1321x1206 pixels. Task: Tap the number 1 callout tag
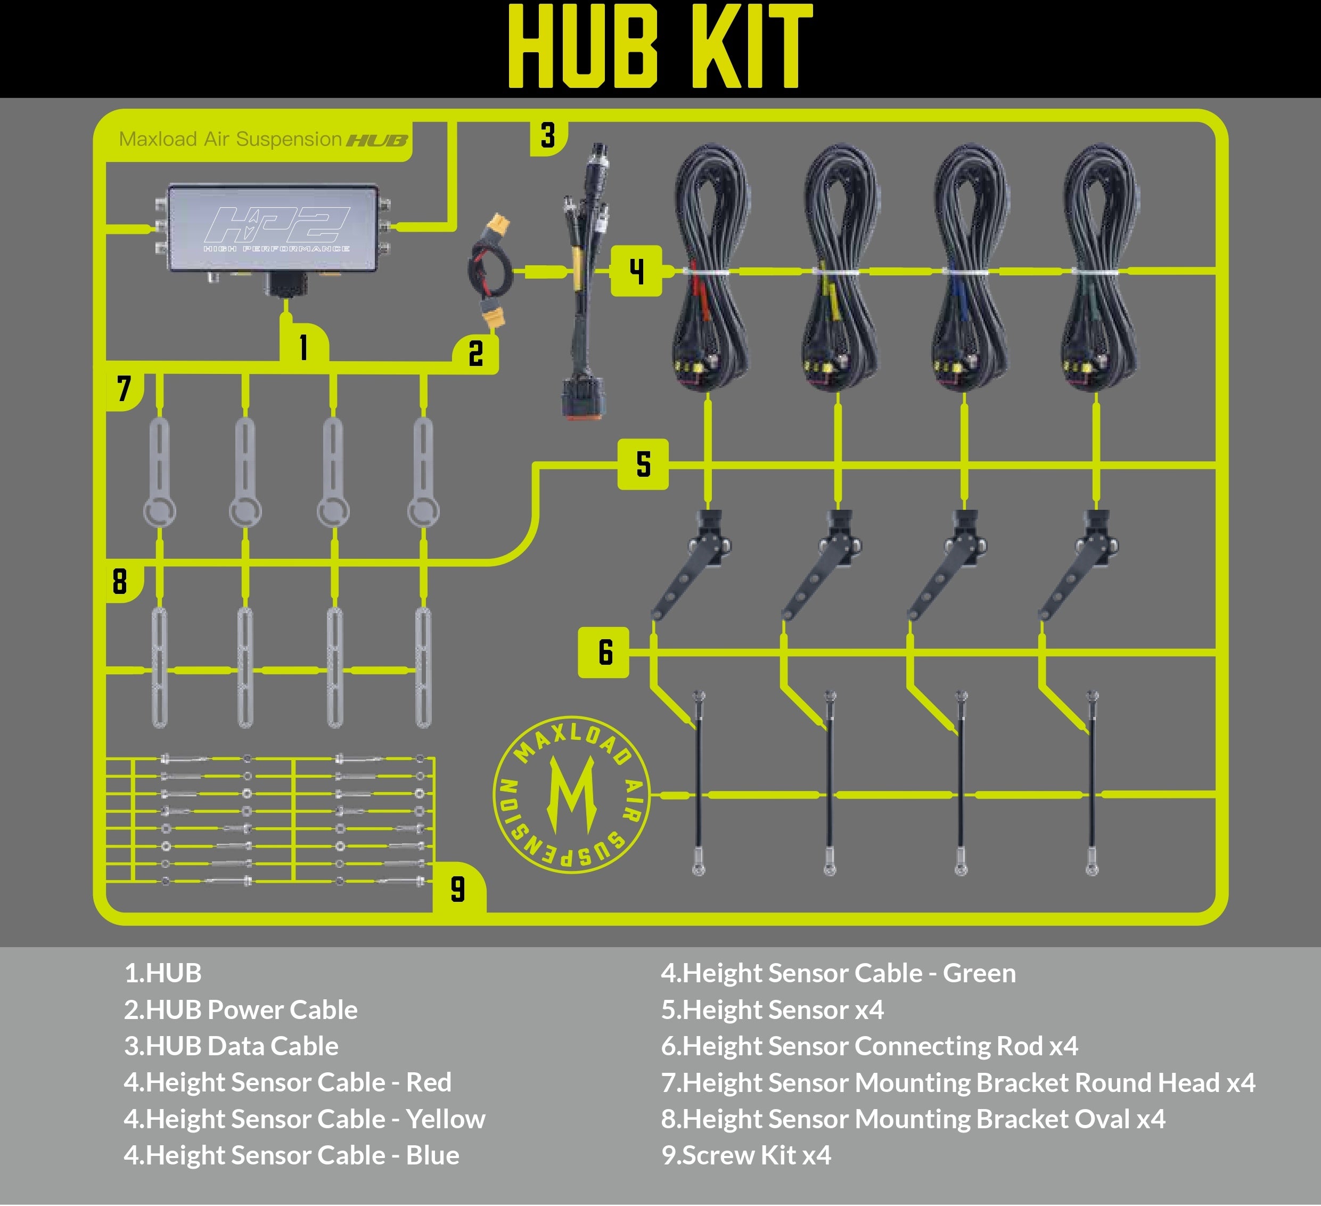pos(303,345)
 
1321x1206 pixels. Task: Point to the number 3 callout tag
pos(548,136)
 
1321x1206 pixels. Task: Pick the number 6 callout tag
pos(603,652)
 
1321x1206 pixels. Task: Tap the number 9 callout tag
pos(458,889)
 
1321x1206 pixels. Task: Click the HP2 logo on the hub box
pos(276,225)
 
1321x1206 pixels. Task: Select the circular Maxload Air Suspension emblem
pos(571,794)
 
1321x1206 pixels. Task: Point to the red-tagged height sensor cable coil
pos(711,268)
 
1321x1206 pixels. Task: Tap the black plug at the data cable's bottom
pos(583,396)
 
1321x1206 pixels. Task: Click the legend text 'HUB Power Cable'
pos(241,1009)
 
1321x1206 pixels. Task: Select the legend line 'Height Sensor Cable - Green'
pos(839,973)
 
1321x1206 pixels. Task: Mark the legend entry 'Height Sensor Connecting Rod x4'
pos(869,1046)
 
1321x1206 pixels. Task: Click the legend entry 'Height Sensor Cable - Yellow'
pos(305,1119)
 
